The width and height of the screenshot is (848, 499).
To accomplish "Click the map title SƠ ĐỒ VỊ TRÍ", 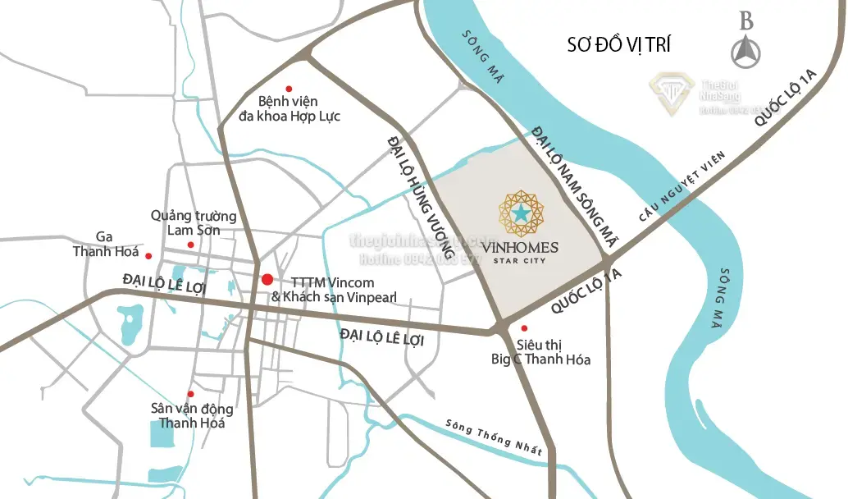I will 618,44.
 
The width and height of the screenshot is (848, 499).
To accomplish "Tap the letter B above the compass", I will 745,21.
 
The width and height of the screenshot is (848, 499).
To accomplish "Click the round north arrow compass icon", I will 745,53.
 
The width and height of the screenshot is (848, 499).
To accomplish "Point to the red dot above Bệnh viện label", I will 288,89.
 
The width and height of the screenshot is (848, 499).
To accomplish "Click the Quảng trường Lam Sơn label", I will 194,223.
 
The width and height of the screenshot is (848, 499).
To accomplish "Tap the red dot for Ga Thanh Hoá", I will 149,255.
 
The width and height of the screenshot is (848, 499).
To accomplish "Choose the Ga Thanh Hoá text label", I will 105,244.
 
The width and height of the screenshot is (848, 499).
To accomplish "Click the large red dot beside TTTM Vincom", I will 267,280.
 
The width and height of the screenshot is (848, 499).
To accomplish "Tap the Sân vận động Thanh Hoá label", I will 192,416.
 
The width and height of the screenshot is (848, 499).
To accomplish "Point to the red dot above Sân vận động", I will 191,394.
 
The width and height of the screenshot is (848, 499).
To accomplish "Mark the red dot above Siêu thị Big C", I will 524,328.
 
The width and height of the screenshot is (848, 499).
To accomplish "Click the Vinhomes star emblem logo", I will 521,213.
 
